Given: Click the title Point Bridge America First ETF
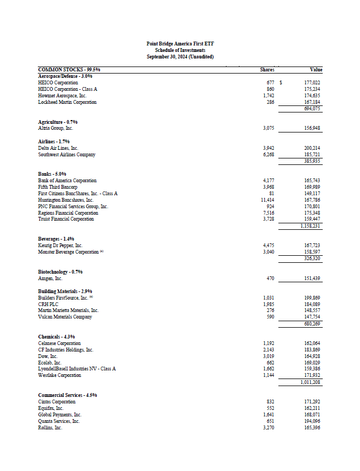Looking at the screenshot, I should click(180, 43).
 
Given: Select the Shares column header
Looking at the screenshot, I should click(267, 70).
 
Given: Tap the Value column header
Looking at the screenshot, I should click(316, 70).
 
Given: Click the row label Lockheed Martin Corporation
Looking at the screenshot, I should click(68, 102).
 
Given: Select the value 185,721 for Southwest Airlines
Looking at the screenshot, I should click(312, 155).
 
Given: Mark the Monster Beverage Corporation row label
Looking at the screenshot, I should click(68, 252).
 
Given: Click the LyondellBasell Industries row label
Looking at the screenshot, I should click(77, 369).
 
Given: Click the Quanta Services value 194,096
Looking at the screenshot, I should click(312, 421).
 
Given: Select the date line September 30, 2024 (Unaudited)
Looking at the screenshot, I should click(180, 56).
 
